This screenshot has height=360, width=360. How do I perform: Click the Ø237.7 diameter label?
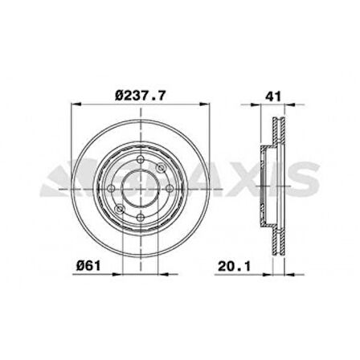tap(141, 96)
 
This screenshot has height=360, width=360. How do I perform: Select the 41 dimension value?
tap(273, 96)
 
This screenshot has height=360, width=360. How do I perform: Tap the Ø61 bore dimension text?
tap(88, 266)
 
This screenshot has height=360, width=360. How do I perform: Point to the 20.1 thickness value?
tap(234, 266)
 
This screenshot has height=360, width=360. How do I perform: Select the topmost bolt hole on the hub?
tap(141, 160)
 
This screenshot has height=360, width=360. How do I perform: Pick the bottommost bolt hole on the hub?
tap(141, 217)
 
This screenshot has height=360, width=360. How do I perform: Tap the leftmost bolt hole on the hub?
tap(112, 189)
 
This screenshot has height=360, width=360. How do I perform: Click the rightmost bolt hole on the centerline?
tap(170, 189)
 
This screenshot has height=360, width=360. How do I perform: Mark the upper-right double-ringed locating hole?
tap(161, 168)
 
